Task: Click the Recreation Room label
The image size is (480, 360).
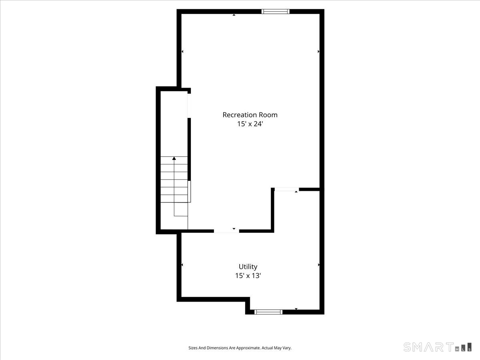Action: click(250, 115)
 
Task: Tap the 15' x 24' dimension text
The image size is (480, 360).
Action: click(250, 124)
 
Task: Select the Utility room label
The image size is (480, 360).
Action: click(248, 266)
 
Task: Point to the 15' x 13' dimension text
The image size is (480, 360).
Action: click(248, 276)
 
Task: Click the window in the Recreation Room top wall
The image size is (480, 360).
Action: click(275, 12)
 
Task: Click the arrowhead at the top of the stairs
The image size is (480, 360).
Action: click(174, 159)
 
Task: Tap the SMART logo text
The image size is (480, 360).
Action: click(428, 347)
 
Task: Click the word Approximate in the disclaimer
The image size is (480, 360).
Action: click(248, 348)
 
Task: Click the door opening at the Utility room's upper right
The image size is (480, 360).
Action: click(286, 189)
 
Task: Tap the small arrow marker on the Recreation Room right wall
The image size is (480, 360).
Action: click(318, 52)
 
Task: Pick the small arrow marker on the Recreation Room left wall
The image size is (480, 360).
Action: click(182, 52)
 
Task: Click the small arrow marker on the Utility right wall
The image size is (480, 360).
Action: click(318, 265)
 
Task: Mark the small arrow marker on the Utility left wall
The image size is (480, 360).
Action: click(182, 265)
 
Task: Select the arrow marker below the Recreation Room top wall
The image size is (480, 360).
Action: click(234, 15)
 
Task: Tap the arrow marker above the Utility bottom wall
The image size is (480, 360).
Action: click(296, 309)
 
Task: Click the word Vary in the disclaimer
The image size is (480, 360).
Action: click(287, 348)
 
